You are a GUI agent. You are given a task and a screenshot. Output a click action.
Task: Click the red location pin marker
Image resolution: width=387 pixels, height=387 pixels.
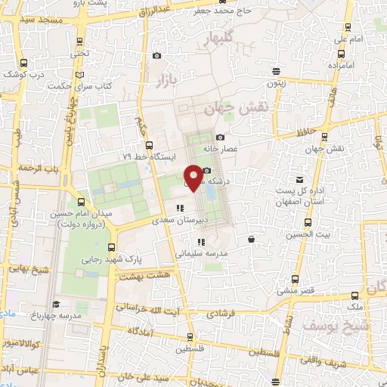193,177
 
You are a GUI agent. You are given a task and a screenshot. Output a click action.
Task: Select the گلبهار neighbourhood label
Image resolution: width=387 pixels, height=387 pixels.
227,36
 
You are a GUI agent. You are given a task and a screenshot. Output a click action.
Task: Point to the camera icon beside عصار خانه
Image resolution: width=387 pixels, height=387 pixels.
220,138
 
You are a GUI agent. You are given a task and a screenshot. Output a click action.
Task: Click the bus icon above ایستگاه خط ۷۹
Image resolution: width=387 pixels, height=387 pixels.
148,144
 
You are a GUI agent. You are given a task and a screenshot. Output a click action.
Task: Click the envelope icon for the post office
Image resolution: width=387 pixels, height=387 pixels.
300,179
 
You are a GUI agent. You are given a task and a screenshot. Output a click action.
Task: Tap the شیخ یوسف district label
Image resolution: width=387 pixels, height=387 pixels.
305,326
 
